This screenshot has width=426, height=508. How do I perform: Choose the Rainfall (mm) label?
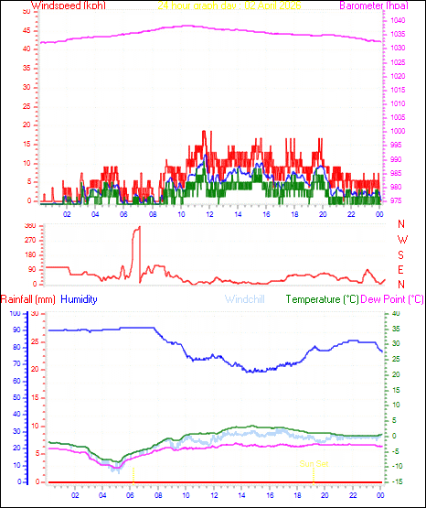28,299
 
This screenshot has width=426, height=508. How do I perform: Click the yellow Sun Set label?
314,464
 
